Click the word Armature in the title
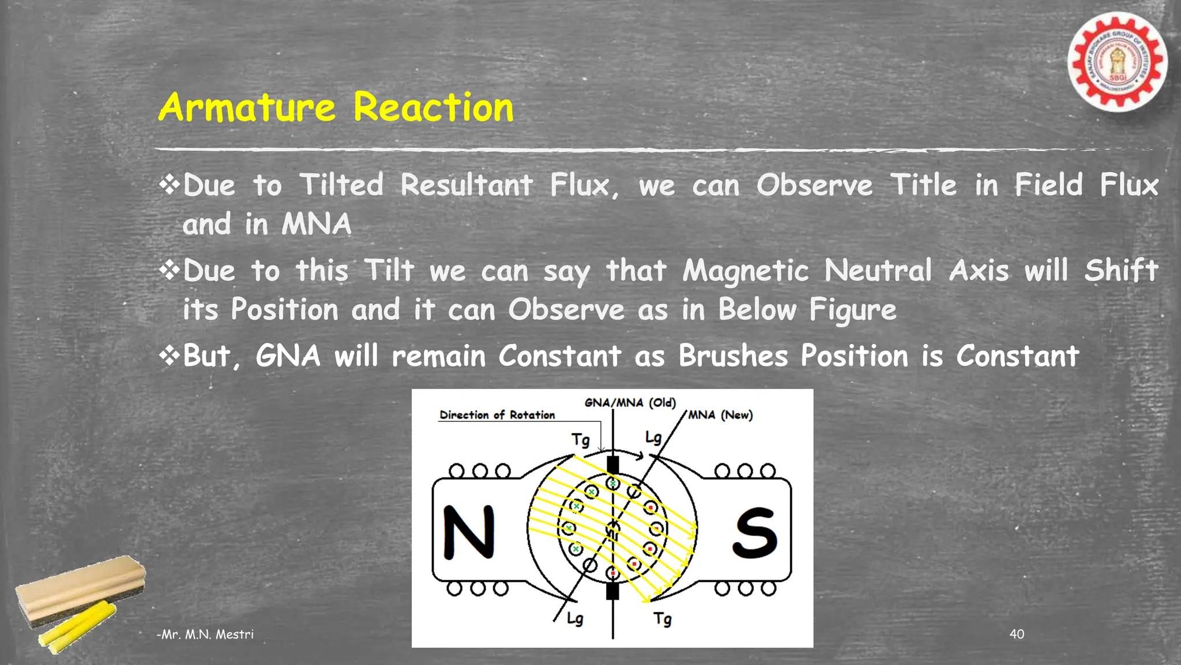coord(246,108)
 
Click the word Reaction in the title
coord(433,108)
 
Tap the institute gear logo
coord(1117,62)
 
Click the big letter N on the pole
coord(469,532)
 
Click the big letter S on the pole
coord(755,533)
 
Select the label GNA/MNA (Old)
coord(630,402)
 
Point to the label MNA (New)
coord(720,415)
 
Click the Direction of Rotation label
coord(497,415)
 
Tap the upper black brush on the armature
coord(612,465)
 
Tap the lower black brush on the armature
coord(612,591)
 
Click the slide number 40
coord(1017,634)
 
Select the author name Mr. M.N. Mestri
coord(205,634)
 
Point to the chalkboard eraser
coord(81,589)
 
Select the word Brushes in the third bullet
coord(732,356)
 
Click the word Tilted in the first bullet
coord(341,185)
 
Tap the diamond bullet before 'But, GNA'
coord(170,355)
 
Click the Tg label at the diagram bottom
coord(663,619)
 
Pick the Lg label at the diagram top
coord(653,438)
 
